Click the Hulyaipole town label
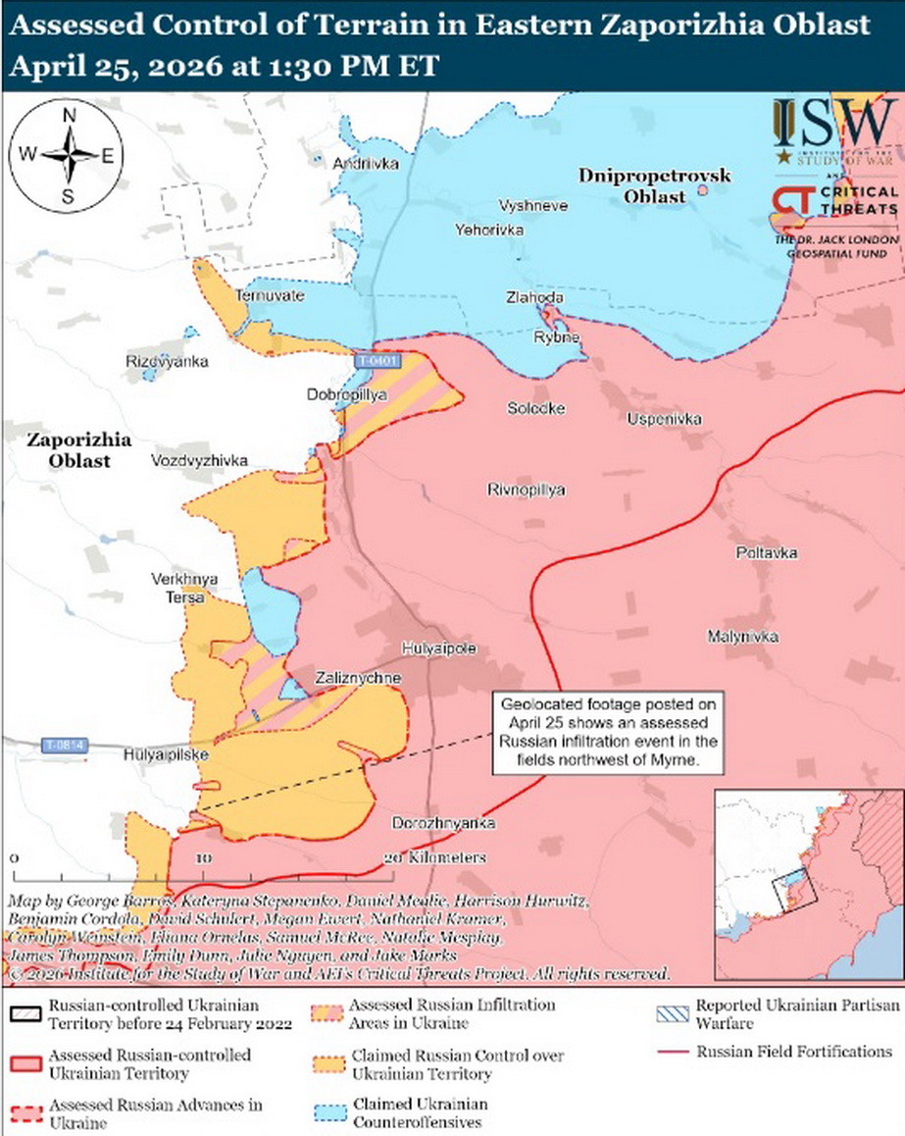[439, 648]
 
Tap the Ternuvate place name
[270, 295]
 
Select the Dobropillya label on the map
[347, 394]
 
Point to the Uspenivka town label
[664, 419]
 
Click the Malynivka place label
[742, 637]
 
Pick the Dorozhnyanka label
[442, 822]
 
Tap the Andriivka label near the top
[366, 164]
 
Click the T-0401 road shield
[376, 361]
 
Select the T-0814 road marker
[65, 746]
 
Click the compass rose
[69, 155]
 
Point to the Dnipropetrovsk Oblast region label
[654, 184]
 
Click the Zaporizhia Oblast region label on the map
[67, 449]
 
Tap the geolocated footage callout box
[608, 734]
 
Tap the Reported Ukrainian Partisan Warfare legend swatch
[674, 1012]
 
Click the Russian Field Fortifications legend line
[674, 1052]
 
